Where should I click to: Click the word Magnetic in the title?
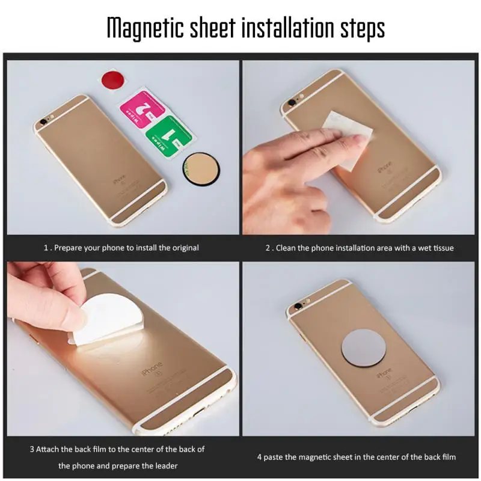tap(145, 28)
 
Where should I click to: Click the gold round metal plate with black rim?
tap(201, 169)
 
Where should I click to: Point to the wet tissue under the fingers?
tap(350, 138)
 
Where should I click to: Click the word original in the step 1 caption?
tap(186, 248)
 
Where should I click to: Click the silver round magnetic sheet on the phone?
tap(363, 349)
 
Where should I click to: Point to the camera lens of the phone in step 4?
tap(298, 305)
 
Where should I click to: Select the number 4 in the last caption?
tap(260, 457)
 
